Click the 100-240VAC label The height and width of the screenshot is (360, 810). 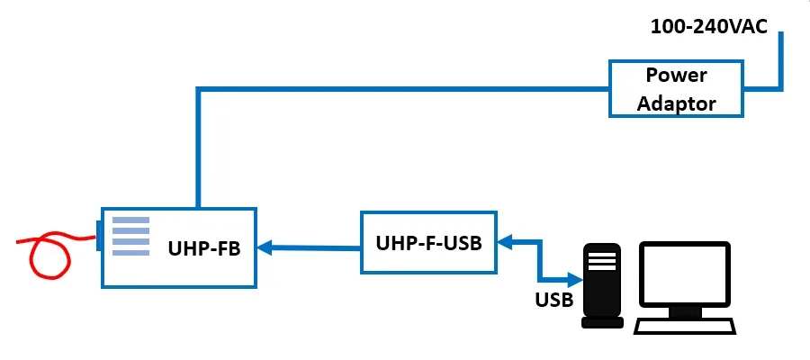708,26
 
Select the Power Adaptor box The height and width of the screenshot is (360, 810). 677,88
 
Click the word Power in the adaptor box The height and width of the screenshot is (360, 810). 676,75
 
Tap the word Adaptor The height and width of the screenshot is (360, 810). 676,103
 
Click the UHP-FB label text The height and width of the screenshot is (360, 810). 204,249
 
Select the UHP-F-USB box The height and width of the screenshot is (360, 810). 428,243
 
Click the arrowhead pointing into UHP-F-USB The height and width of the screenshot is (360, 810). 506,241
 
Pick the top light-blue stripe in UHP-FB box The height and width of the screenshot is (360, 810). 130,219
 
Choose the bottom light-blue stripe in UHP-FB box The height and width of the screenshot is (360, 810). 130,252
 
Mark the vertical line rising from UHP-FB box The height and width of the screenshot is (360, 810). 197,148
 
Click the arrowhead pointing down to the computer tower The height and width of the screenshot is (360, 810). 576,277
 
